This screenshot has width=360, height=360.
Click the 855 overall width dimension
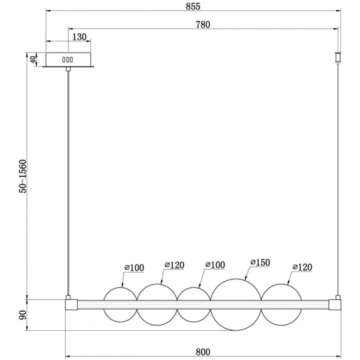(x=193, y=6)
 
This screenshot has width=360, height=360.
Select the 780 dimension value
(x=203, y=25)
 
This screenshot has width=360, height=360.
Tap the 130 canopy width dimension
(x=80, y=37)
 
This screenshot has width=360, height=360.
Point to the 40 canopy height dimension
(x=33, y=60)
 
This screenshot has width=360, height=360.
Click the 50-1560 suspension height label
(x=23, y=176)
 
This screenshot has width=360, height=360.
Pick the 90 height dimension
(x=23, y=315)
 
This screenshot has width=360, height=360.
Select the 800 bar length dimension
(x=203, y=352)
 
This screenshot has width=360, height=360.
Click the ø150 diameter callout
(x=260, y=262)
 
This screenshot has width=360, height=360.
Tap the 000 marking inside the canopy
(x=67, y=60)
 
